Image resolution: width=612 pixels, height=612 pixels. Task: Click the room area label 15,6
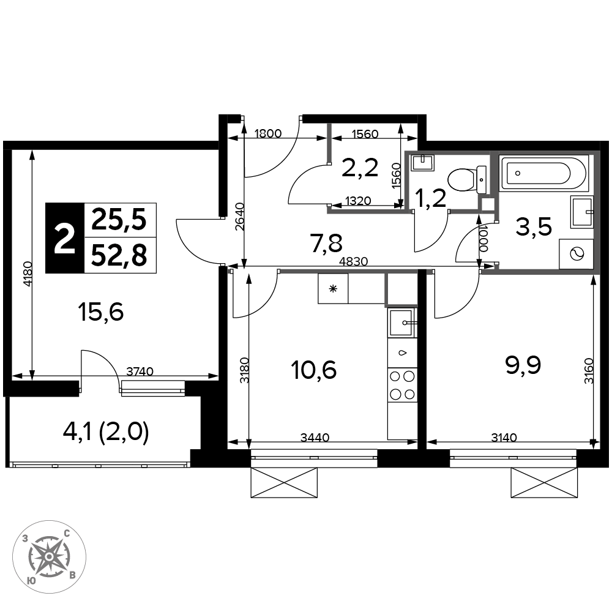tap(101, 312)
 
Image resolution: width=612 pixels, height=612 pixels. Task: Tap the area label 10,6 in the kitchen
tap(314, 370)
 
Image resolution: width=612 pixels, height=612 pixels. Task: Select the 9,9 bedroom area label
tap(523, 365)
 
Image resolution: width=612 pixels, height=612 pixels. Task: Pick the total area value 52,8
tap(119, 256)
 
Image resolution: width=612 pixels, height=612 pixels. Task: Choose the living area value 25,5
tap(119, 220)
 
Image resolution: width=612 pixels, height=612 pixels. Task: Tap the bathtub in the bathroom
tap(543, 173)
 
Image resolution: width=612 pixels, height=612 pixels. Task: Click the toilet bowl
tap(466, 180)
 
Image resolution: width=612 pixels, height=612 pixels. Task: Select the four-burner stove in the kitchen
tap(403, 385)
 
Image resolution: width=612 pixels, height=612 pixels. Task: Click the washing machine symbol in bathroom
tap(576, 254)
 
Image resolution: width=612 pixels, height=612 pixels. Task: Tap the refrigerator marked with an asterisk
tap(333, 288)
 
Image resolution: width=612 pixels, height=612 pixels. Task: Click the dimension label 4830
tap(353, 261)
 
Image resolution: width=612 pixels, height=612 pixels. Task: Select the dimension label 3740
tap(140, 371)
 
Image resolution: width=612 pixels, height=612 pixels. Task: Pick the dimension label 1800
tap(267, 133)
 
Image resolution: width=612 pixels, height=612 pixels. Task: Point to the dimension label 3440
tap(315, 438)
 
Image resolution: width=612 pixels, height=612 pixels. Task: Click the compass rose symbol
tap(49, 556)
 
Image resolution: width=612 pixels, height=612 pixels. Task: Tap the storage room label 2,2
tap(359, 168)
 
